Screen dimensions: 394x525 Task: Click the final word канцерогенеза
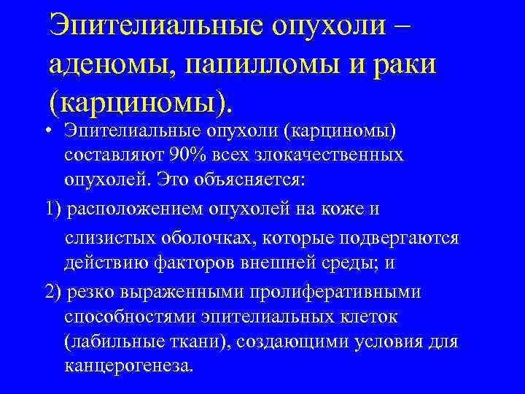click(x=129, y=365)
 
